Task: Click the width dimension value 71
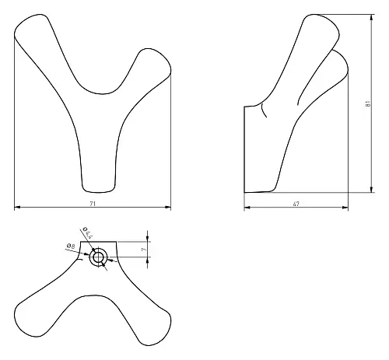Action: [93, 204]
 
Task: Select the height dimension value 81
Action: [368, 103]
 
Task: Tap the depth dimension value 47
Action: [296, 204]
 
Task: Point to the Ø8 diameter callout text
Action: [71, 246]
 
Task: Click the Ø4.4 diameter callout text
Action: [88, 232]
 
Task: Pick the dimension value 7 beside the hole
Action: [144, 250]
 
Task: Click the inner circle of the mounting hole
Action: [98, 257]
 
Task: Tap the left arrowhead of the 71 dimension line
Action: [17, 207]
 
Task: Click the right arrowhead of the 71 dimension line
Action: [168, 207]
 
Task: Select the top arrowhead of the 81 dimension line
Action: [372, 17]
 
